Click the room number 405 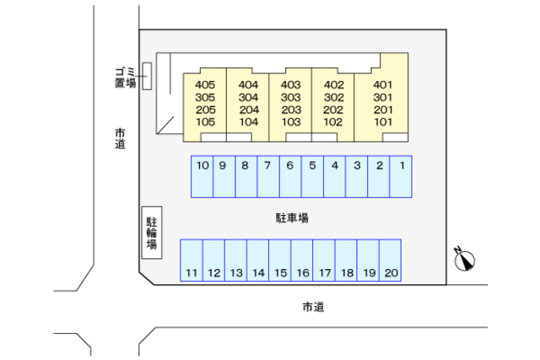point(205,85)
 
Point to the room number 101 point(383,121)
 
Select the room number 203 point(291,110)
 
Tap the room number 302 point(333,97)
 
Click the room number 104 point(248,121)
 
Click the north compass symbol point(465,261)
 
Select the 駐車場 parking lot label point(292,218)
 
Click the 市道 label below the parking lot point(312,306)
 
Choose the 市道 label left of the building point(121,138)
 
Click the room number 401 point(383,85)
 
